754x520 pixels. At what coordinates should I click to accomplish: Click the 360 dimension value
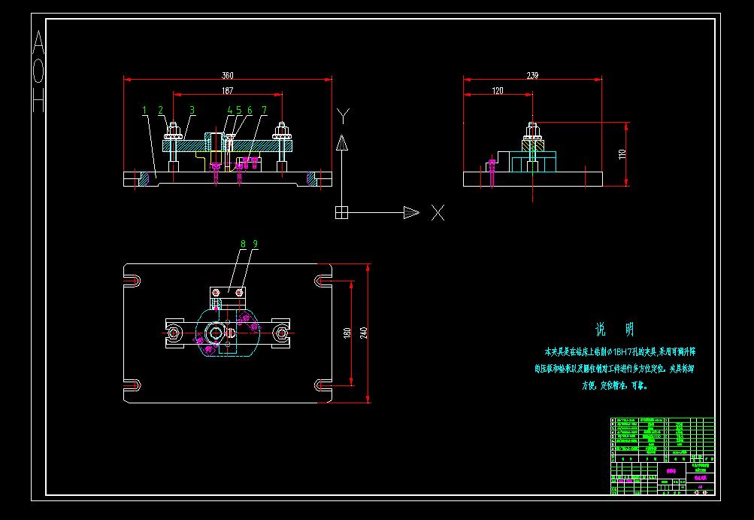[x=227, y=75]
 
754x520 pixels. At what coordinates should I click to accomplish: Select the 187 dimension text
[x=227, y=90]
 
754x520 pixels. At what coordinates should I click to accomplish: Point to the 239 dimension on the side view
[x=533, y=75]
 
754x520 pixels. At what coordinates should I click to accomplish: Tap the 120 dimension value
[x=498, y=90]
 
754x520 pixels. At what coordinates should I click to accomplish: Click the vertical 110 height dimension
[x=622, y=154]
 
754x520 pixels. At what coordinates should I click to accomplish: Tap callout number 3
[x=192, y=110]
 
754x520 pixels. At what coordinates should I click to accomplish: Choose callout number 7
[x=264, y=110]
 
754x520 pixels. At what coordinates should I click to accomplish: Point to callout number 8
[x=243, y=244]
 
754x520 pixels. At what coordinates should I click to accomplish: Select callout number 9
[x=256, y=244]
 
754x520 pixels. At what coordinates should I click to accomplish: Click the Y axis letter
[x=343, y=115]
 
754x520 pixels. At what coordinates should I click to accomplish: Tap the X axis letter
[x=438, y=213]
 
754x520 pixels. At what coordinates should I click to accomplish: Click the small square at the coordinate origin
[x=341, y=212]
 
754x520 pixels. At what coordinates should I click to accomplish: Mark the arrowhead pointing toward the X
[x=410, y=212]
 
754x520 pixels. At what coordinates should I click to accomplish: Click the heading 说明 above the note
[x=614, y=330]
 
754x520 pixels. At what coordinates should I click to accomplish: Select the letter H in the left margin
[x=38, y=100]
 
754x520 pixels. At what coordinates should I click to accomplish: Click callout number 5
[x=239, y=110]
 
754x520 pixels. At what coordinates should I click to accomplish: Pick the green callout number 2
[x=160, y=110]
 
